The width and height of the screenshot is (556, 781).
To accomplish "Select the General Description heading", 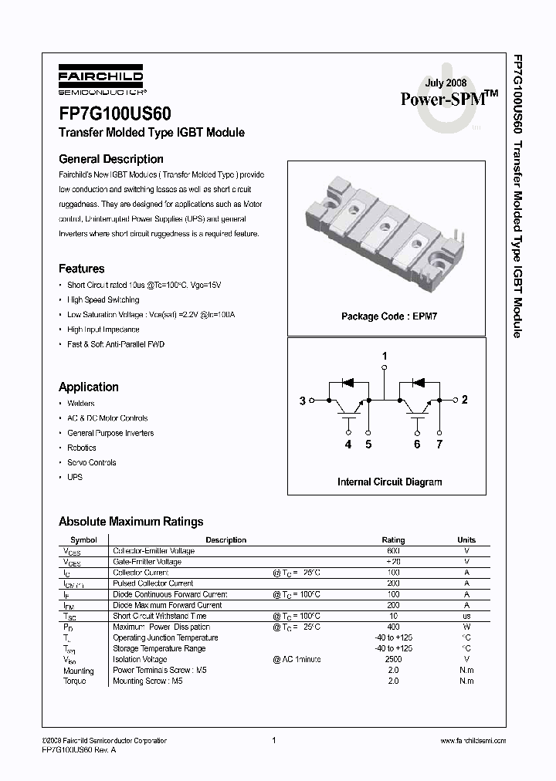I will pos(111,159).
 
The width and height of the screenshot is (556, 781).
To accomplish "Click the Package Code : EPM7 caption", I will pos(389,316).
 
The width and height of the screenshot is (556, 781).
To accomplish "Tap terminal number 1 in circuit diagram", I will pos(385,356).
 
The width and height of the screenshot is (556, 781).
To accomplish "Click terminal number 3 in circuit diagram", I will pos(303,400).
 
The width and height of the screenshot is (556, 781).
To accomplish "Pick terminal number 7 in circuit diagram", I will pos(439,445).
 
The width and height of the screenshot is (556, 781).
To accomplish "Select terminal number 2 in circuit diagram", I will pos(464,400).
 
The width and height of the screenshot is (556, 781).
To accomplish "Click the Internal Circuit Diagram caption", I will pos(389,482).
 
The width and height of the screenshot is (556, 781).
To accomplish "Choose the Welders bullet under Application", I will pos(80,404).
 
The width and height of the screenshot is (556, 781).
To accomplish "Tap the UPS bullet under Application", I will pos(75,477).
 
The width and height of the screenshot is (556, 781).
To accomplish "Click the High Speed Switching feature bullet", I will pos(103,299).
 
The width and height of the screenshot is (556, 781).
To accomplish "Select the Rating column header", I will pos(393,540).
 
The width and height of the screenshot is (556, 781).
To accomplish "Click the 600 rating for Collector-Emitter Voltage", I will pos(393,551).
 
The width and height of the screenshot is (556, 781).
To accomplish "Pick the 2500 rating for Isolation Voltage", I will pos(393,660).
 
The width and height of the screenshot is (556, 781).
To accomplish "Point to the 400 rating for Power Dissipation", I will pos(393,627).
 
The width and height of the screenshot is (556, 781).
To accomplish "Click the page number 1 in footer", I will pos(274,740).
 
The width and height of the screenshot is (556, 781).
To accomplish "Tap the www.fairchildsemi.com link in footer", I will pos(473,741).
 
